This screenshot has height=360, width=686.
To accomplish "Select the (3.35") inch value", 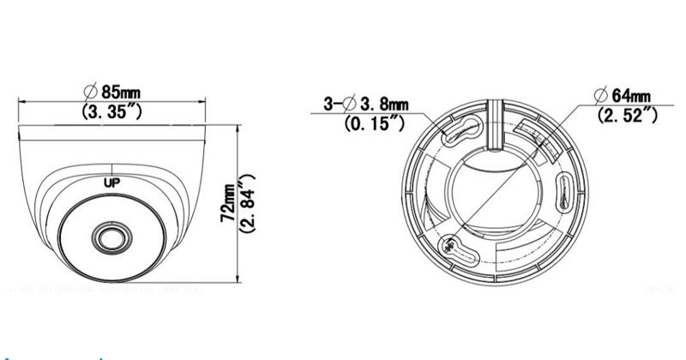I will (113, 111).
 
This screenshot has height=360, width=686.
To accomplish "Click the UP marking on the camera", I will (111, 182).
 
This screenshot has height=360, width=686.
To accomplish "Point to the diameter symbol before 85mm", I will (88, 90).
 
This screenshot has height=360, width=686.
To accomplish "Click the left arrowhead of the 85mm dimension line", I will (23, 101).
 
